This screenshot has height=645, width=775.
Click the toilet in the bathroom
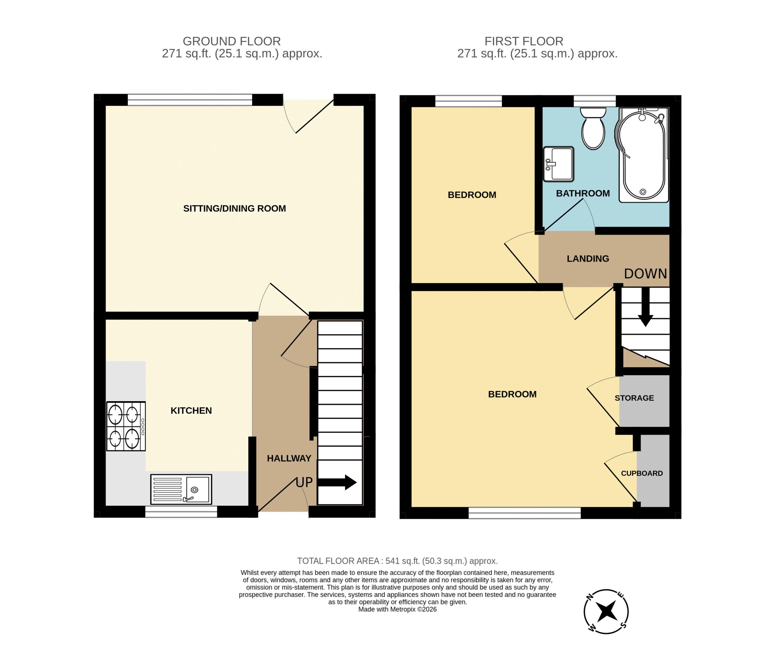tap(593, 128)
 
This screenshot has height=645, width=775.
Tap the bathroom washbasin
tap(558, 164)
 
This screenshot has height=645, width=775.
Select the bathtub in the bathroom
tap(644, 155)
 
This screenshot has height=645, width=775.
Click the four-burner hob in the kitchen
tap(126, 426)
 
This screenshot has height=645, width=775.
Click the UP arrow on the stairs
tap(337, 482)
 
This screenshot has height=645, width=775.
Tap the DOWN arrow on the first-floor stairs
tap(645, 307)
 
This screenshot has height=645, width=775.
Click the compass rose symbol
tap(606, 611)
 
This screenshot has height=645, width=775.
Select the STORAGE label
tap(634, 398)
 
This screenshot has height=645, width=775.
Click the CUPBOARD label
tap(642, 473)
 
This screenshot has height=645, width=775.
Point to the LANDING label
tap(588, 259)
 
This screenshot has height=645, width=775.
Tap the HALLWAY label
tap(289, 458)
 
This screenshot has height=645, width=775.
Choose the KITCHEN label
tap(191, 411)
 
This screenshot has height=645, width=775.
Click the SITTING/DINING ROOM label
tap(235, 208)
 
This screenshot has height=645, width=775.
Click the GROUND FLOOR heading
tap(232, 41)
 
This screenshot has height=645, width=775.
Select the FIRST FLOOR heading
tap(524, 41)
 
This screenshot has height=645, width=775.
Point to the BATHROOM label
tap(583, 193)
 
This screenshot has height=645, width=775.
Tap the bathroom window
tap(595, 101)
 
